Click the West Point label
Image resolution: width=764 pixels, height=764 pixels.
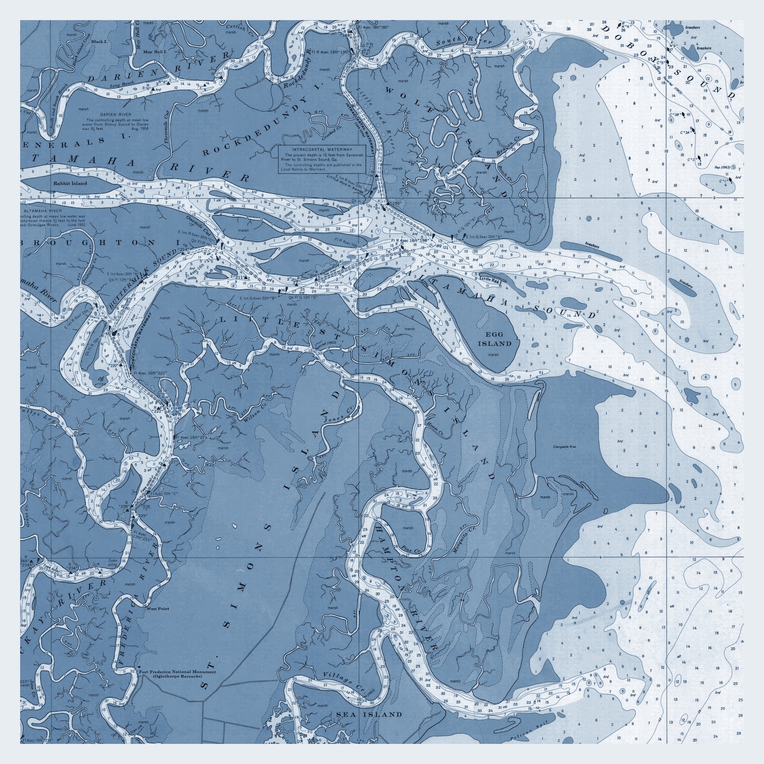158,609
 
